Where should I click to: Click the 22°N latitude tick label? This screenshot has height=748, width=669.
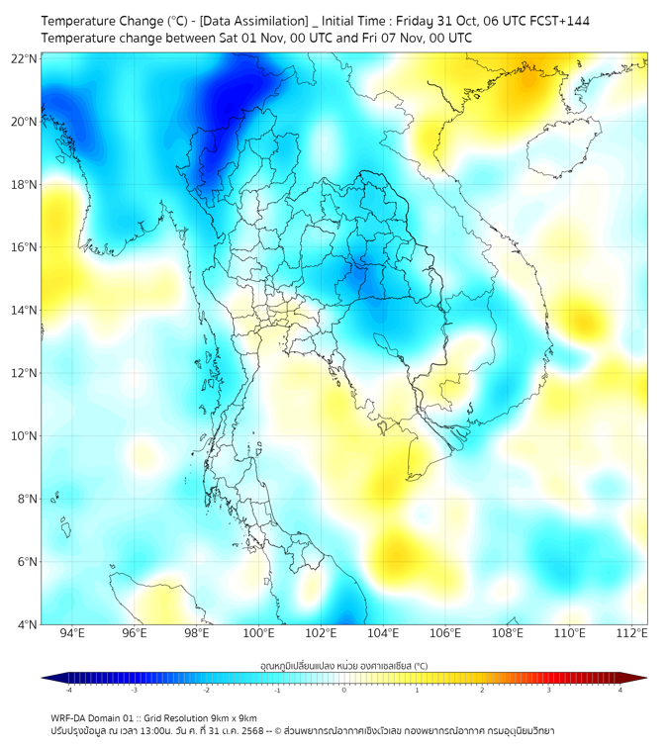(x=25, y=58)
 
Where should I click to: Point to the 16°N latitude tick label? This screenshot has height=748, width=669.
(x=25, y=247)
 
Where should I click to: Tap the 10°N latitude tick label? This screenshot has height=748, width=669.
(x=25, y=436)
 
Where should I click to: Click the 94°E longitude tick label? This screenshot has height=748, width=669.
(x=72, y=633)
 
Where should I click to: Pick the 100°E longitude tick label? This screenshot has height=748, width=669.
(x=258, y=633)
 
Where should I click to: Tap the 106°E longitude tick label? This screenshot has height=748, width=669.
(x=445, y=633)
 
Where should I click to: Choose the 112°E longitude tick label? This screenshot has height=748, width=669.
(x=631, y=633)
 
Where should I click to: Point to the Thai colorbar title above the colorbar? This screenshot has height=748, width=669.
(x=343, y=665)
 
